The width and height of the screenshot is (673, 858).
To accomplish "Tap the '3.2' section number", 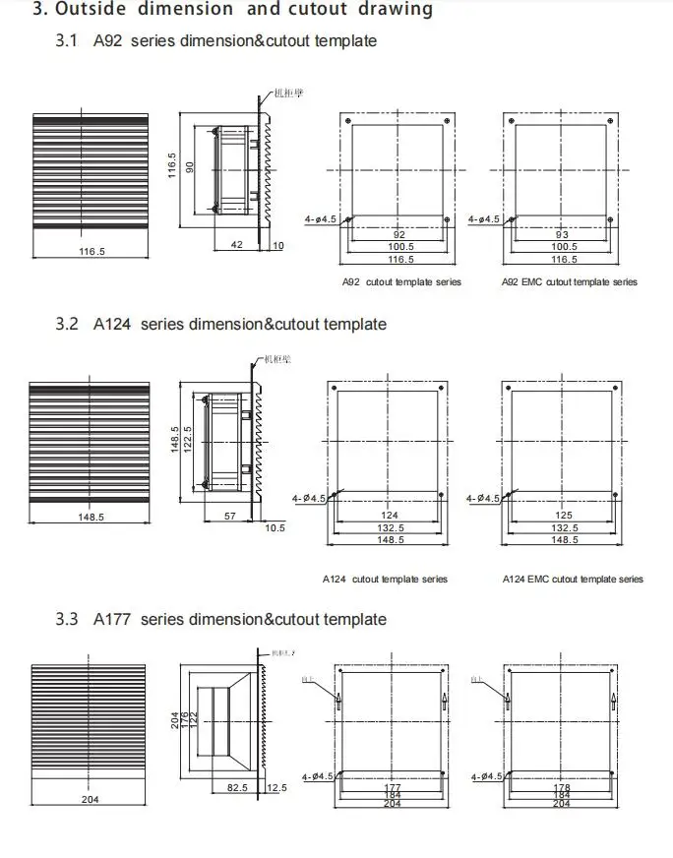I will [x=67, y=324].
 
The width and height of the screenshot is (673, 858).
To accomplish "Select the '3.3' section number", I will [x=67, y=619].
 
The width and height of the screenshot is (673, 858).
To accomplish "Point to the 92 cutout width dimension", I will [x=398, y=235].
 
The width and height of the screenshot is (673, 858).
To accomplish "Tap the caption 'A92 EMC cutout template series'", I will [x=570, y=282].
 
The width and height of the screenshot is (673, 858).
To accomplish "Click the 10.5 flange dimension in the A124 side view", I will [x=275, y=528].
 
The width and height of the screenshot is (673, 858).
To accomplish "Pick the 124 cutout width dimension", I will [x=389, y=515].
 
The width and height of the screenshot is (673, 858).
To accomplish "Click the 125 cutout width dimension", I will [x=563, y=515].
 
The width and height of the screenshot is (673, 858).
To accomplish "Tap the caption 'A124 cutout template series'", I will [x=386, y=580].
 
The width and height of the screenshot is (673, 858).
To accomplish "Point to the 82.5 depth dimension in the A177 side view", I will [x=237, y=788].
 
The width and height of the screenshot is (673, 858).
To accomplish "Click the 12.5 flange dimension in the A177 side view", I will [x=275, y=788].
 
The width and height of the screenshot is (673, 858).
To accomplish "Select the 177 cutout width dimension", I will [x=392, y=787].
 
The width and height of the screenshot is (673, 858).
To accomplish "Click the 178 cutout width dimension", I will [x=562, y=787].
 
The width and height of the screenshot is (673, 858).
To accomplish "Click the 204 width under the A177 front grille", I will [x=90, y=800].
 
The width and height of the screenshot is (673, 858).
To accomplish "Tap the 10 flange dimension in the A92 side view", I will [x=277, y=245].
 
